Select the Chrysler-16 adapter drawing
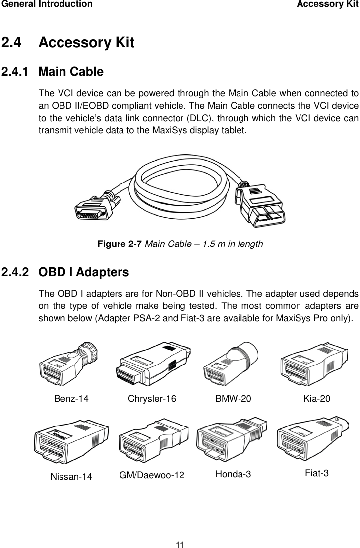[x=152, y=364]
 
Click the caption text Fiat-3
[x=317, y=473]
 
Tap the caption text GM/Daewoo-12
[x=152, y=475]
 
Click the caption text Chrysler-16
[x=152, y=399]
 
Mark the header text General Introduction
[x=46, y=4]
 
